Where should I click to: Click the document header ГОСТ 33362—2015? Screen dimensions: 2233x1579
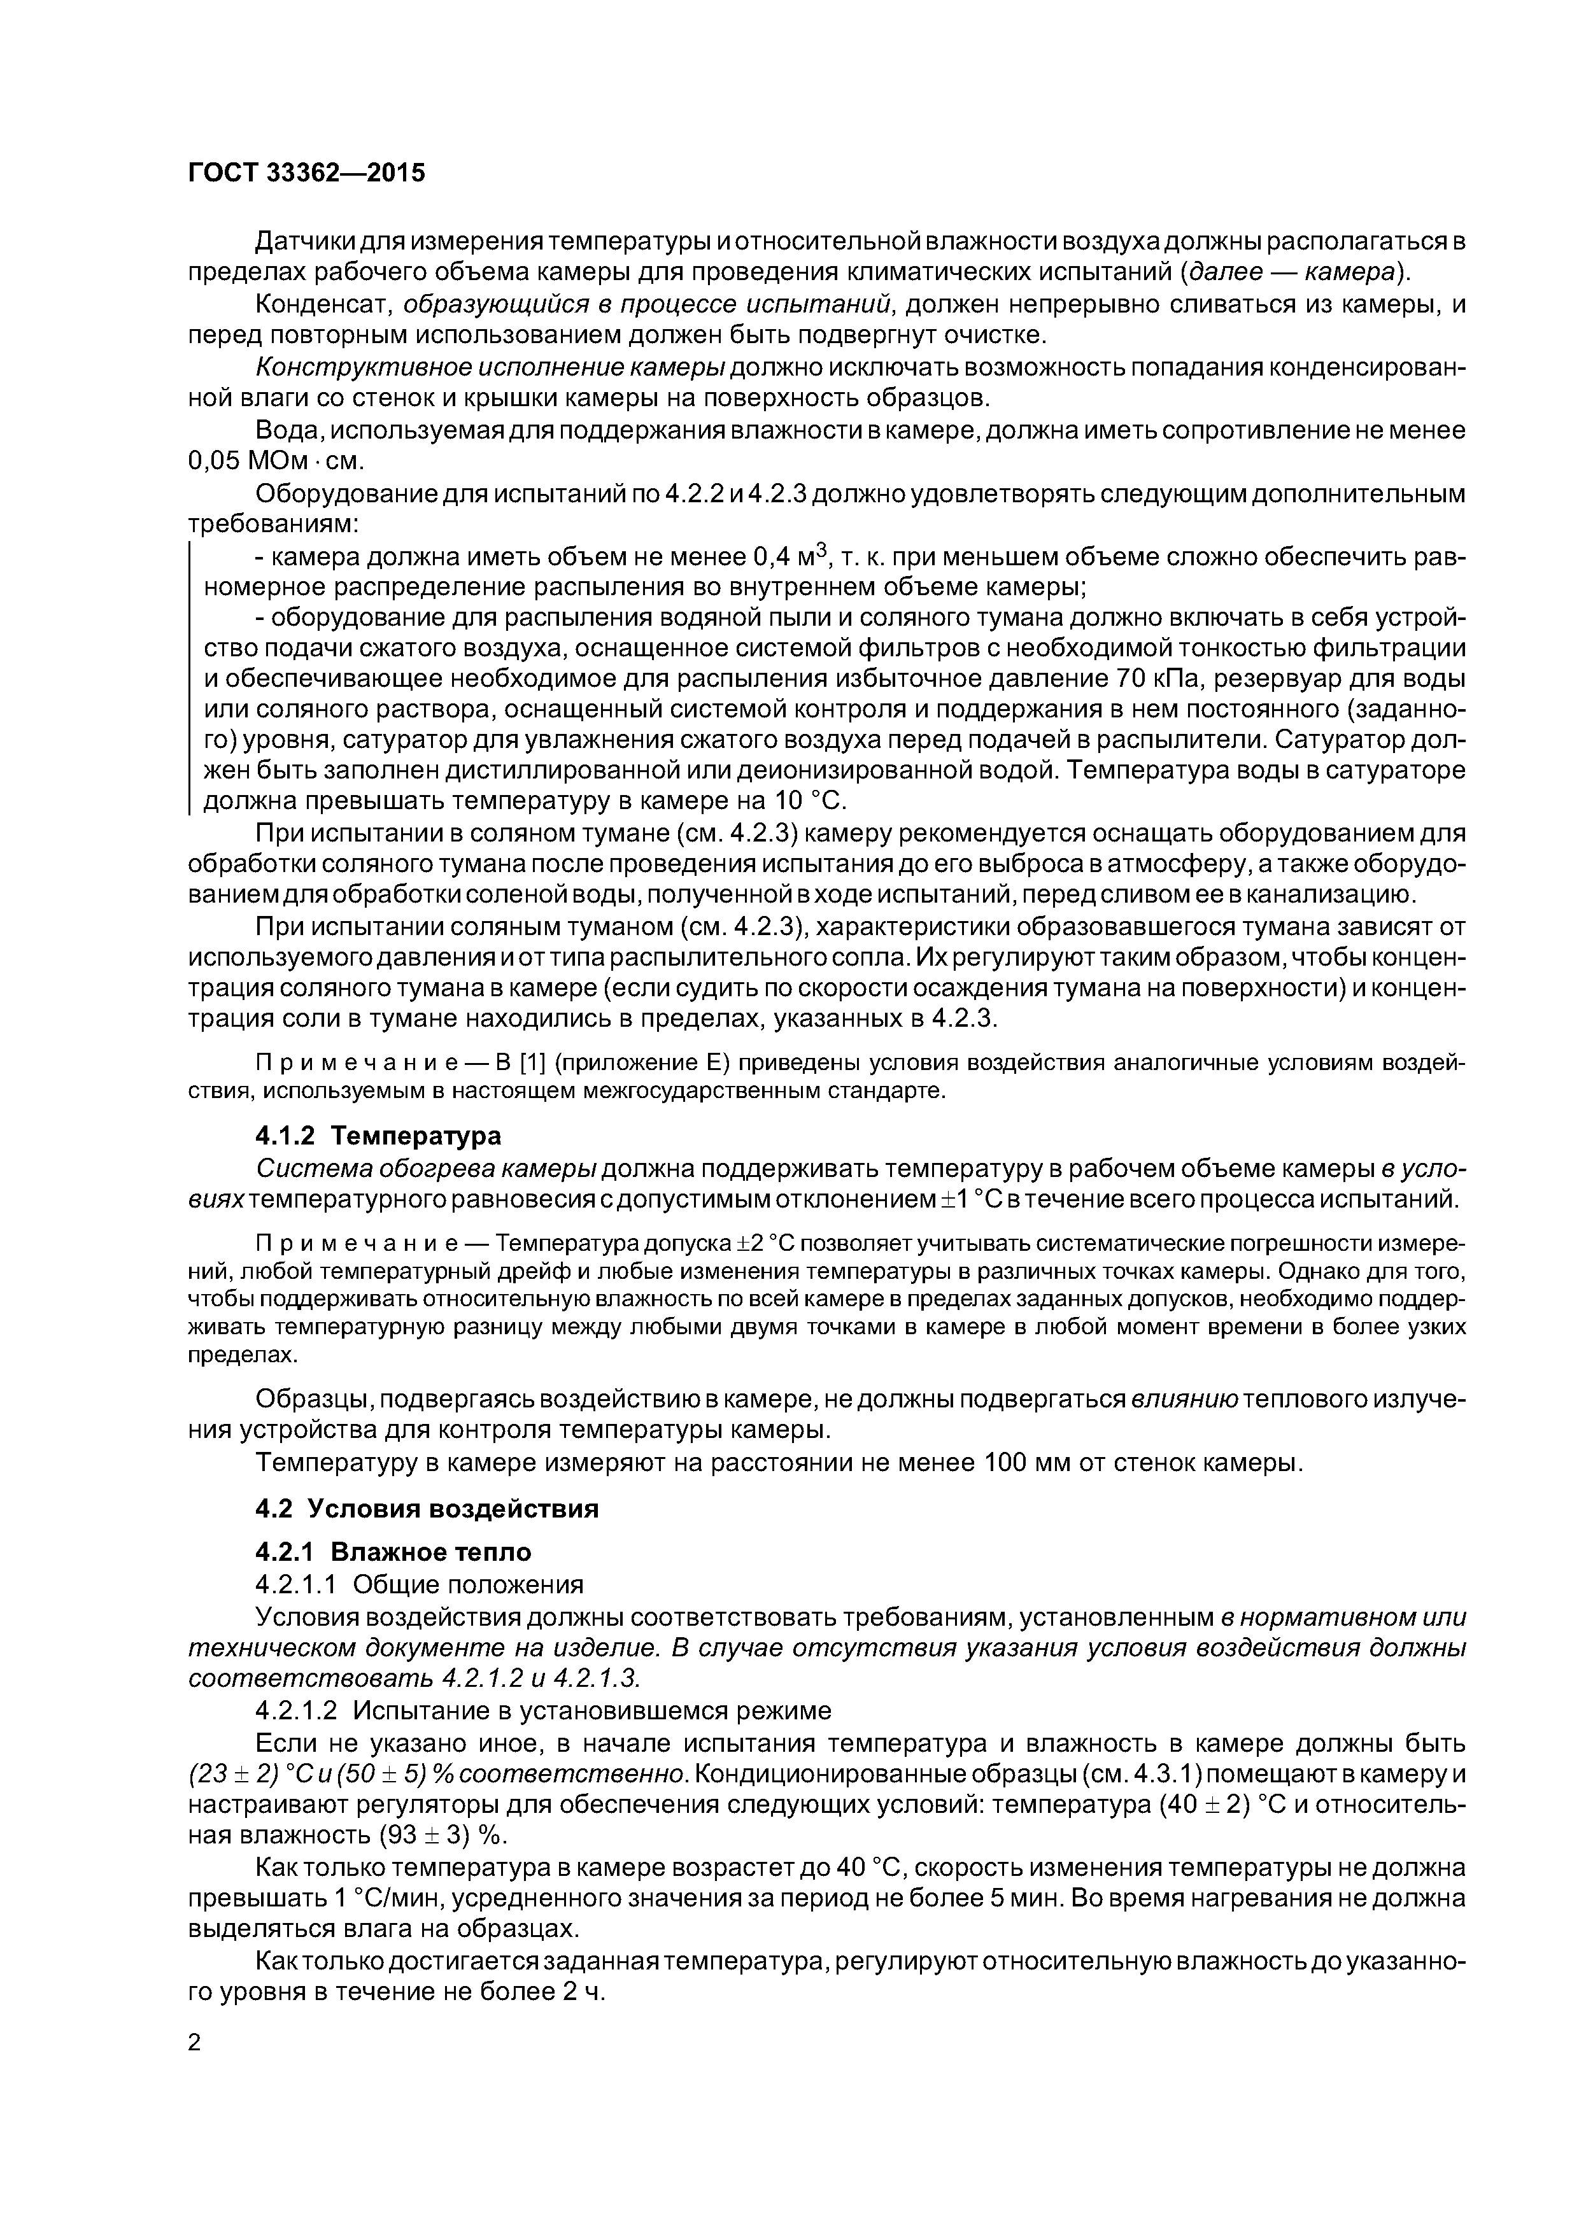pos(306,173)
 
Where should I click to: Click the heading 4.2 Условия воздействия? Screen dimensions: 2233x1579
pos(426,1509)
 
